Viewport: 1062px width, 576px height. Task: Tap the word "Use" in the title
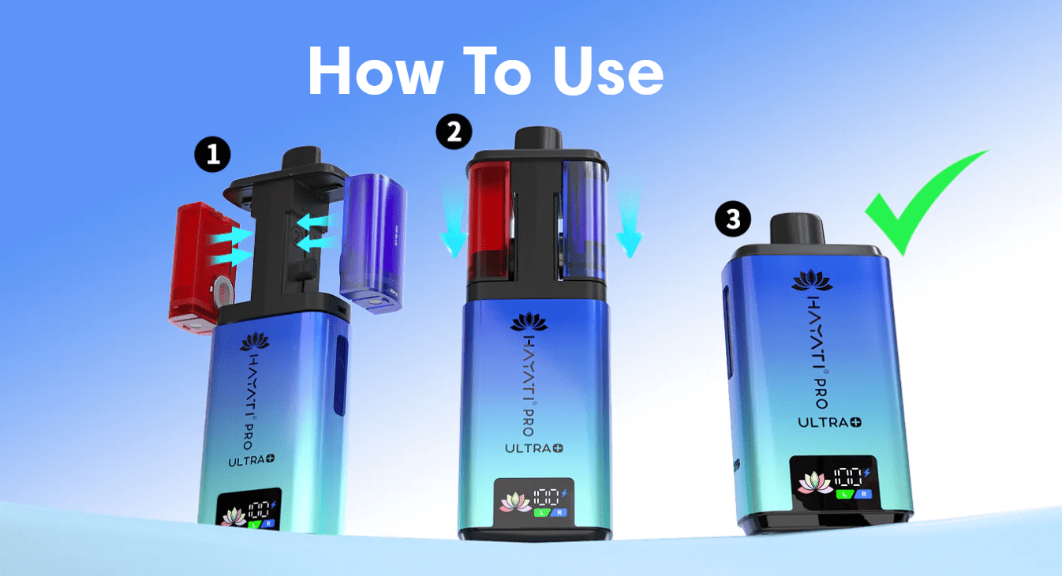coord(608,72)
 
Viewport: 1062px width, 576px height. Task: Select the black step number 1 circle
coord(212,155)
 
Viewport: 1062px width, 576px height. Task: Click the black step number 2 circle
coord(454,131)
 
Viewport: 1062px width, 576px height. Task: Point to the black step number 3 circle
coord(733,219)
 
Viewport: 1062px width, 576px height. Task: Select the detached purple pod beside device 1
coord(374,243)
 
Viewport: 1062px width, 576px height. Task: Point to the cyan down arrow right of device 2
coord(629,223)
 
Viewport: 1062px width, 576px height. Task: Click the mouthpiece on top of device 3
coord(798,229)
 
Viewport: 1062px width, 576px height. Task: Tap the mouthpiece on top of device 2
coord(539,138)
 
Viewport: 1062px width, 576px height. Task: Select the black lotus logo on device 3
coord(812,281)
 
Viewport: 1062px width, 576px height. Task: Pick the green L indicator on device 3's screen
coord(844,494)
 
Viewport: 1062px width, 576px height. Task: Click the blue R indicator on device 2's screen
coord(559,512)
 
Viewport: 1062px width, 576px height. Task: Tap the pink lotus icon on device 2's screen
coord(515,503)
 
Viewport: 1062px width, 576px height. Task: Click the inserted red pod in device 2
coord(489,220)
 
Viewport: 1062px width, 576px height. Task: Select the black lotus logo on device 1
coord(255,342)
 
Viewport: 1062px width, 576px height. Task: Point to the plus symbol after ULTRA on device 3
coord(856,422)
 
